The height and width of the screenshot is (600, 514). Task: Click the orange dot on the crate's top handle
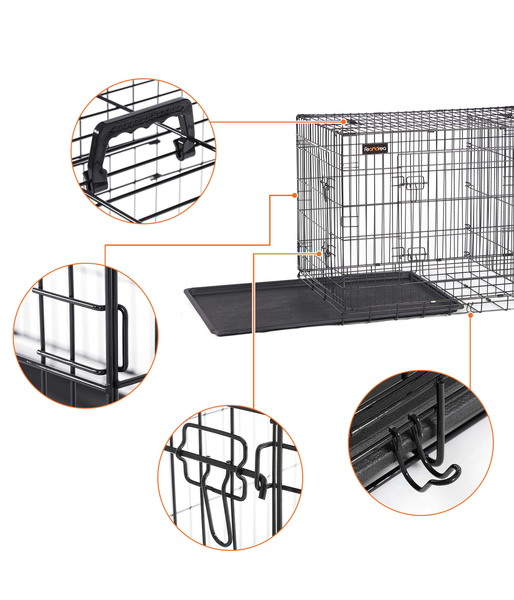pyautogui.click(x=343, y=122)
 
